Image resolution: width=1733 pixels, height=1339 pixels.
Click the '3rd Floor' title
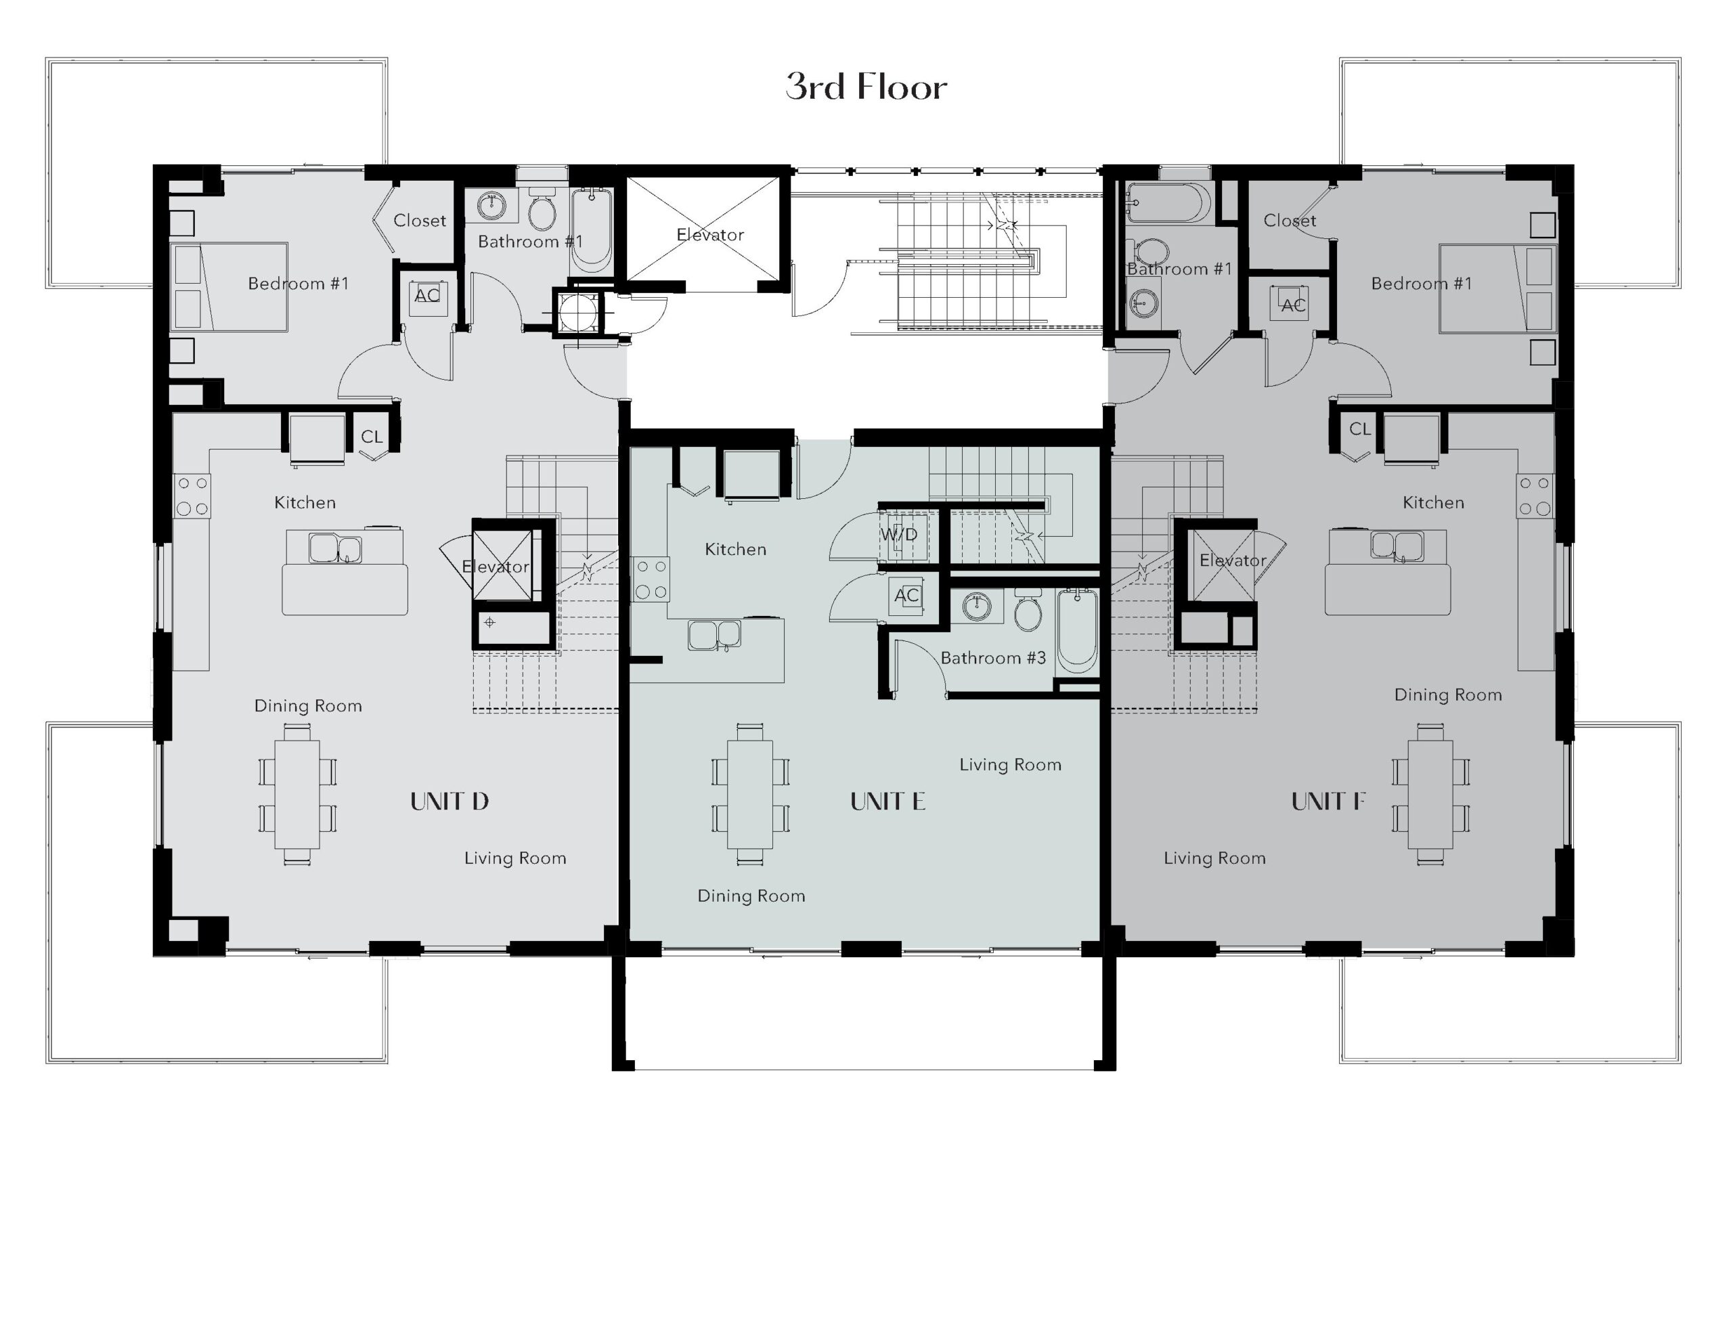click(x=866, y=87)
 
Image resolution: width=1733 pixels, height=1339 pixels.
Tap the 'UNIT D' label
click(x=449, y=802)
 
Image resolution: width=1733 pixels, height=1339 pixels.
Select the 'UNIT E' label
click(x=888, y=802)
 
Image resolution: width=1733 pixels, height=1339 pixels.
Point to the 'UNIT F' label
click(x=1328, y=802)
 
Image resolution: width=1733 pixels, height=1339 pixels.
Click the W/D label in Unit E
click(x=899, y=535)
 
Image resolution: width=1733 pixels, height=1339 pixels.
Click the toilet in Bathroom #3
click(x=1028, y=609)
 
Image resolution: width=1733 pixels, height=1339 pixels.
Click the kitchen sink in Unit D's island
click(x=335, y=548)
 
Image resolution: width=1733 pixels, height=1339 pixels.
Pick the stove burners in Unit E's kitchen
click(x=651, y=579)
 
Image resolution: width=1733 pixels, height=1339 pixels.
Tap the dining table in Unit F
click(x=1430, y=795)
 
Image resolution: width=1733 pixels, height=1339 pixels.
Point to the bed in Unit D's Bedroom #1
click(x=230, y=287)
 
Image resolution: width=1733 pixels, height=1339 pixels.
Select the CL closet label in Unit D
click(x=372, y=437)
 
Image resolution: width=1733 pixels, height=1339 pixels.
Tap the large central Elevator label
click(x=710, y=235)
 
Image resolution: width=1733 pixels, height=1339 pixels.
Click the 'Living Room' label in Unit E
click(x=1010, y=764)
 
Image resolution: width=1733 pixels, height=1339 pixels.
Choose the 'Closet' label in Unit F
click(x=1290, y=221)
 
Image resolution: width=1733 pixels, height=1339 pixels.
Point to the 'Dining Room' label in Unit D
click(x=308, y=705)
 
